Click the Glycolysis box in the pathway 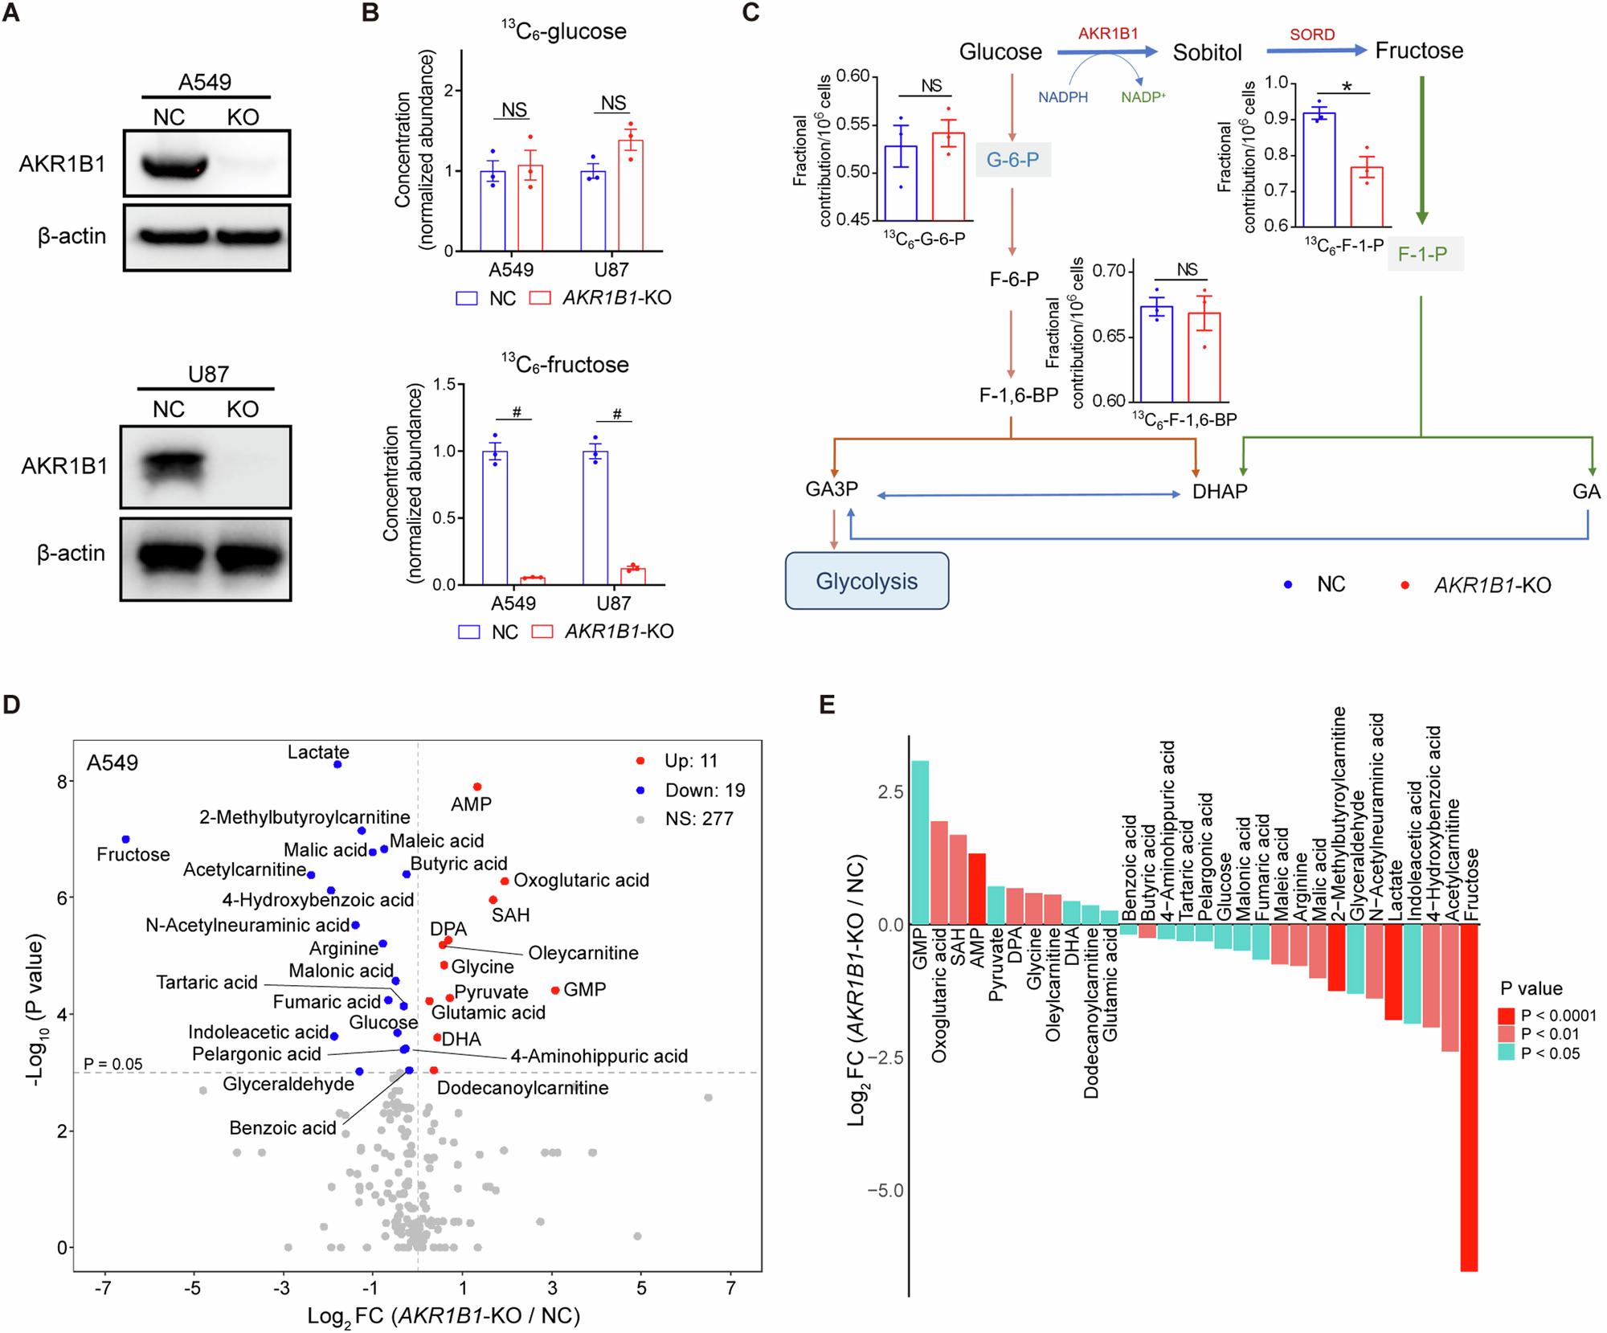click(866, 581)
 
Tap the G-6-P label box click(1012, 160)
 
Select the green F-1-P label click(1423, 254)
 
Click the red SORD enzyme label click(1312, 35)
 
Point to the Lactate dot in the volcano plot click(337, 764)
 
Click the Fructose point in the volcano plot click(125, 839)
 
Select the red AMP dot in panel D click(477, 787)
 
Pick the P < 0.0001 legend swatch click(1506, 1016)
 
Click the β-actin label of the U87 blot click(71, 554)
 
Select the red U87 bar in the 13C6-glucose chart click(631, 195)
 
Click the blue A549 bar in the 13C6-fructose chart click(495, 517)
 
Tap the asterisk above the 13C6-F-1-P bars click(1347, 86)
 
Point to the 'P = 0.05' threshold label click(113, 1064)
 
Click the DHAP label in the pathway click(1219, 492)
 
